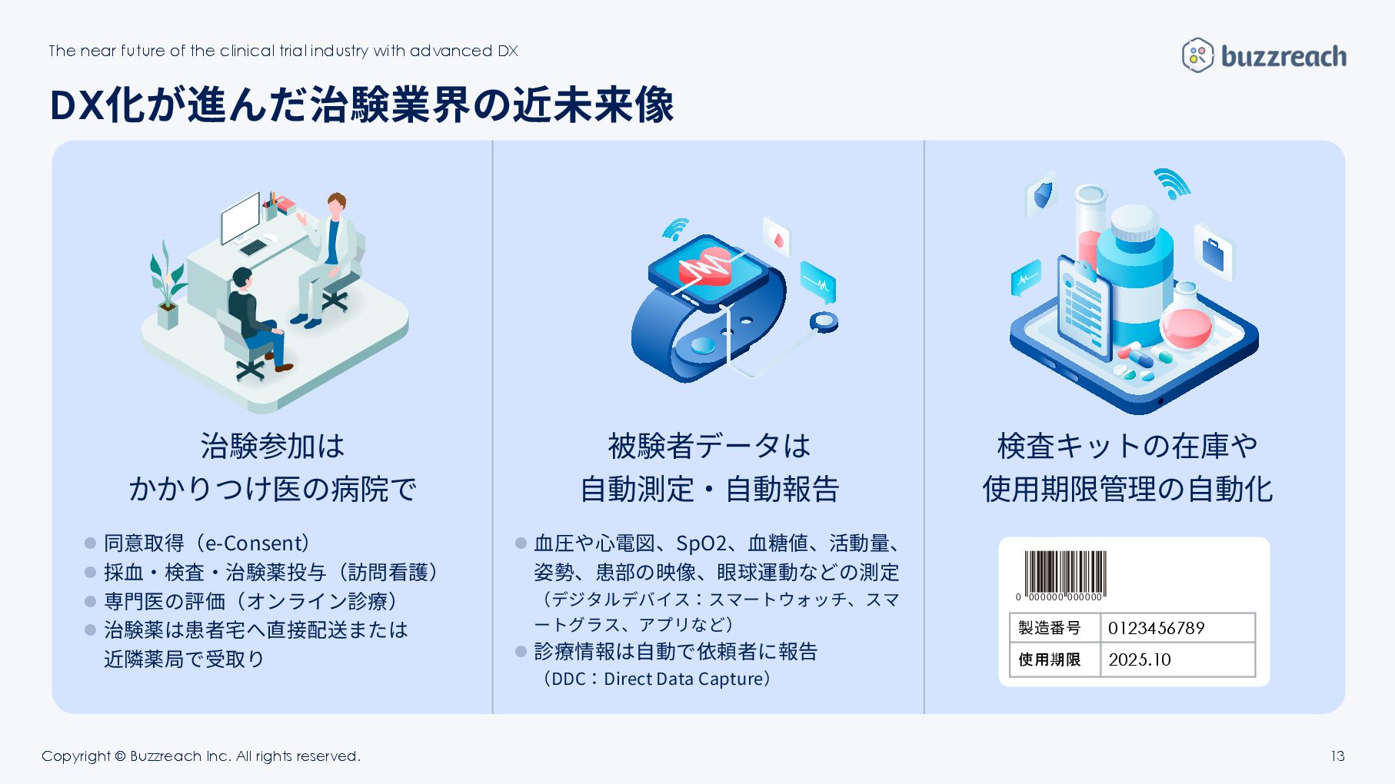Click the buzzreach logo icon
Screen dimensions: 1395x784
coord(1197,55)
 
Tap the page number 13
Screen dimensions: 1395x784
coord(1337,756)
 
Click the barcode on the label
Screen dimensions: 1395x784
coord(1065,573)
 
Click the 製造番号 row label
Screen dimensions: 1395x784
coord(1050,628)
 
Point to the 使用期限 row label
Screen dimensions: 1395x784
coord(1050,659)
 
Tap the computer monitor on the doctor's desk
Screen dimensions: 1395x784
coord(241,217)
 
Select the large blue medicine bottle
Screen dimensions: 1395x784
coord(1134,273)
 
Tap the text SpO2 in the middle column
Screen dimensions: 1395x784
coord(701,543)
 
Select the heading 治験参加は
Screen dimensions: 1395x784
coord(272,446)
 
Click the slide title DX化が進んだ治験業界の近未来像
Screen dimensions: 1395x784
coord(361,105)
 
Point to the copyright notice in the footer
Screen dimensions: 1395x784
coord(201,756)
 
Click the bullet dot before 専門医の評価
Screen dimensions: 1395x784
coord(90,602)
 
